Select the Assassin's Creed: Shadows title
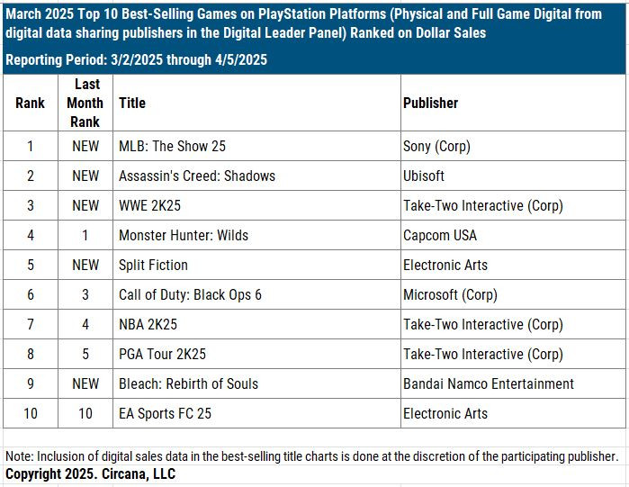pos(197,176)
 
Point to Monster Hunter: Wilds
pos(184,235)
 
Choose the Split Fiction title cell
pos(154,265)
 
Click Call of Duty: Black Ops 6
pos(190,294)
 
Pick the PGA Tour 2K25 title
pos(163,354)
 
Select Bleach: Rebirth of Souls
pos(188,383)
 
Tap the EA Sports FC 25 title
pos(165,413)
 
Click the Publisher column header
pos(431,103)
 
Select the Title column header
pos(132,103)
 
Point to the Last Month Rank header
pos(85,103)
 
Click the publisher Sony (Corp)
pos(436,146)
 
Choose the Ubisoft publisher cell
pos(424,176)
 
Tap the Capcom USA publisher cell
pos(438,235)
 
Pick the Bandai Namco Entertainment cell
pos(489,383)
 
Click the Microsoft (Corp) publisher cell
pos(450,294)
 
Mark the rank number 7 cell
pos(30,324)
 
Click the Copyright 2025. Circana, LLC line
pos(91,473)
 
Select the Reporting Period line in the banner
pos(136,60)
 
